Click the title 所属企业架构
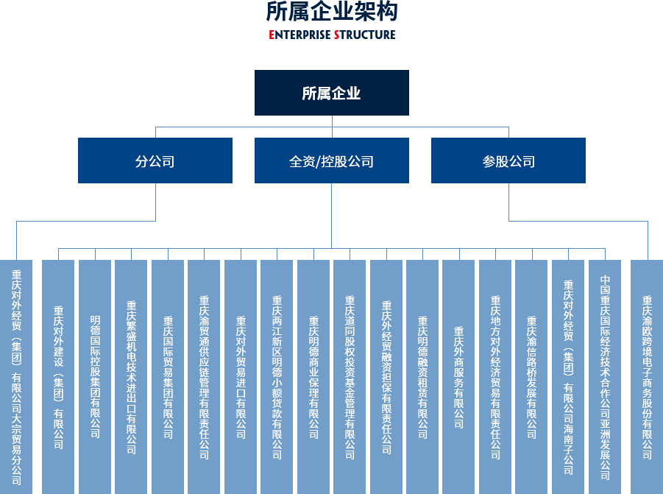(x=331, y=12)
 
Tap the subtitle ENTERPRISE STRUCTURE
(x=332, y=35)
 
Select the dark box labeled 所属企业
(x=331, y=93)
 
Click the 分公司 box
(x=155, y=160)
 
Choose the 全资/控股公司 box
(x=331, y=160)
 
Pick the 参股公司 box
(x=508, y=160)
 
